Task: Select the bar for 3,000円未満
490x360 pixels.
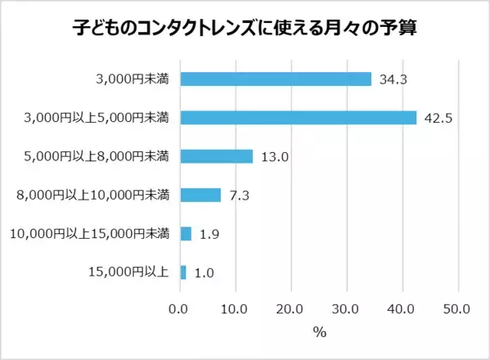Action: coord(276,79)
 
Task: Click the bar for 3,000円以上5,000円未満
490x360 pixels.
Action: coord(299,118)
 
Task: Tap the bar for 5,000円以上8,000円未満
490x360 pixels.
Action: coord(216,156)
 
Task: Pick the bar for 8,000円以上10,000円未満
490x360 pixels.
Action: coord(200,195)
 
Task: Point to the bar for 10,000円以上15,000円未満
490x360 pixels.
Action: coord(186,233)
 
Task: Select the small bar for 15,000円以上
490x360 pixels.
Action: coord(183,272)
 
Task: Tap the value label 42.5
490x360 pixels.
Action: coord(438,118)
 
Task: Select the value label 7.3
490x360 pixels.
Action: coord(239,195)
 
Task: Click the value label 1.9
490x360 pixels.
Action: coord(209,234)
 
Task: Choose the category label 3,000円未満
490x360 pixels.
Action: coord(132,79)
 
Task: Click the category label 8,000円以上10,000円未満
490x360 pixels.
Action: coord(93,195)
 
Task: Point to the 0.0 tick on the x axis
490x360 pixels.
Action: coord(179,309)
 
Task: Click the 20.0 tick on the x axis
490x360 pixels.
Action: coord(290,309)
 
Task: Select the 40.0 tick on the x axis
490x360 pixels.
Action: coord(402,309)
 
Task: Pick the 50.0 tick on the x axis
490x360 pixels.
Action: coord(457,309)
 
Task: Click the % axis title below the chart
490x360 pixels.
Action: coord(319,333)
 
